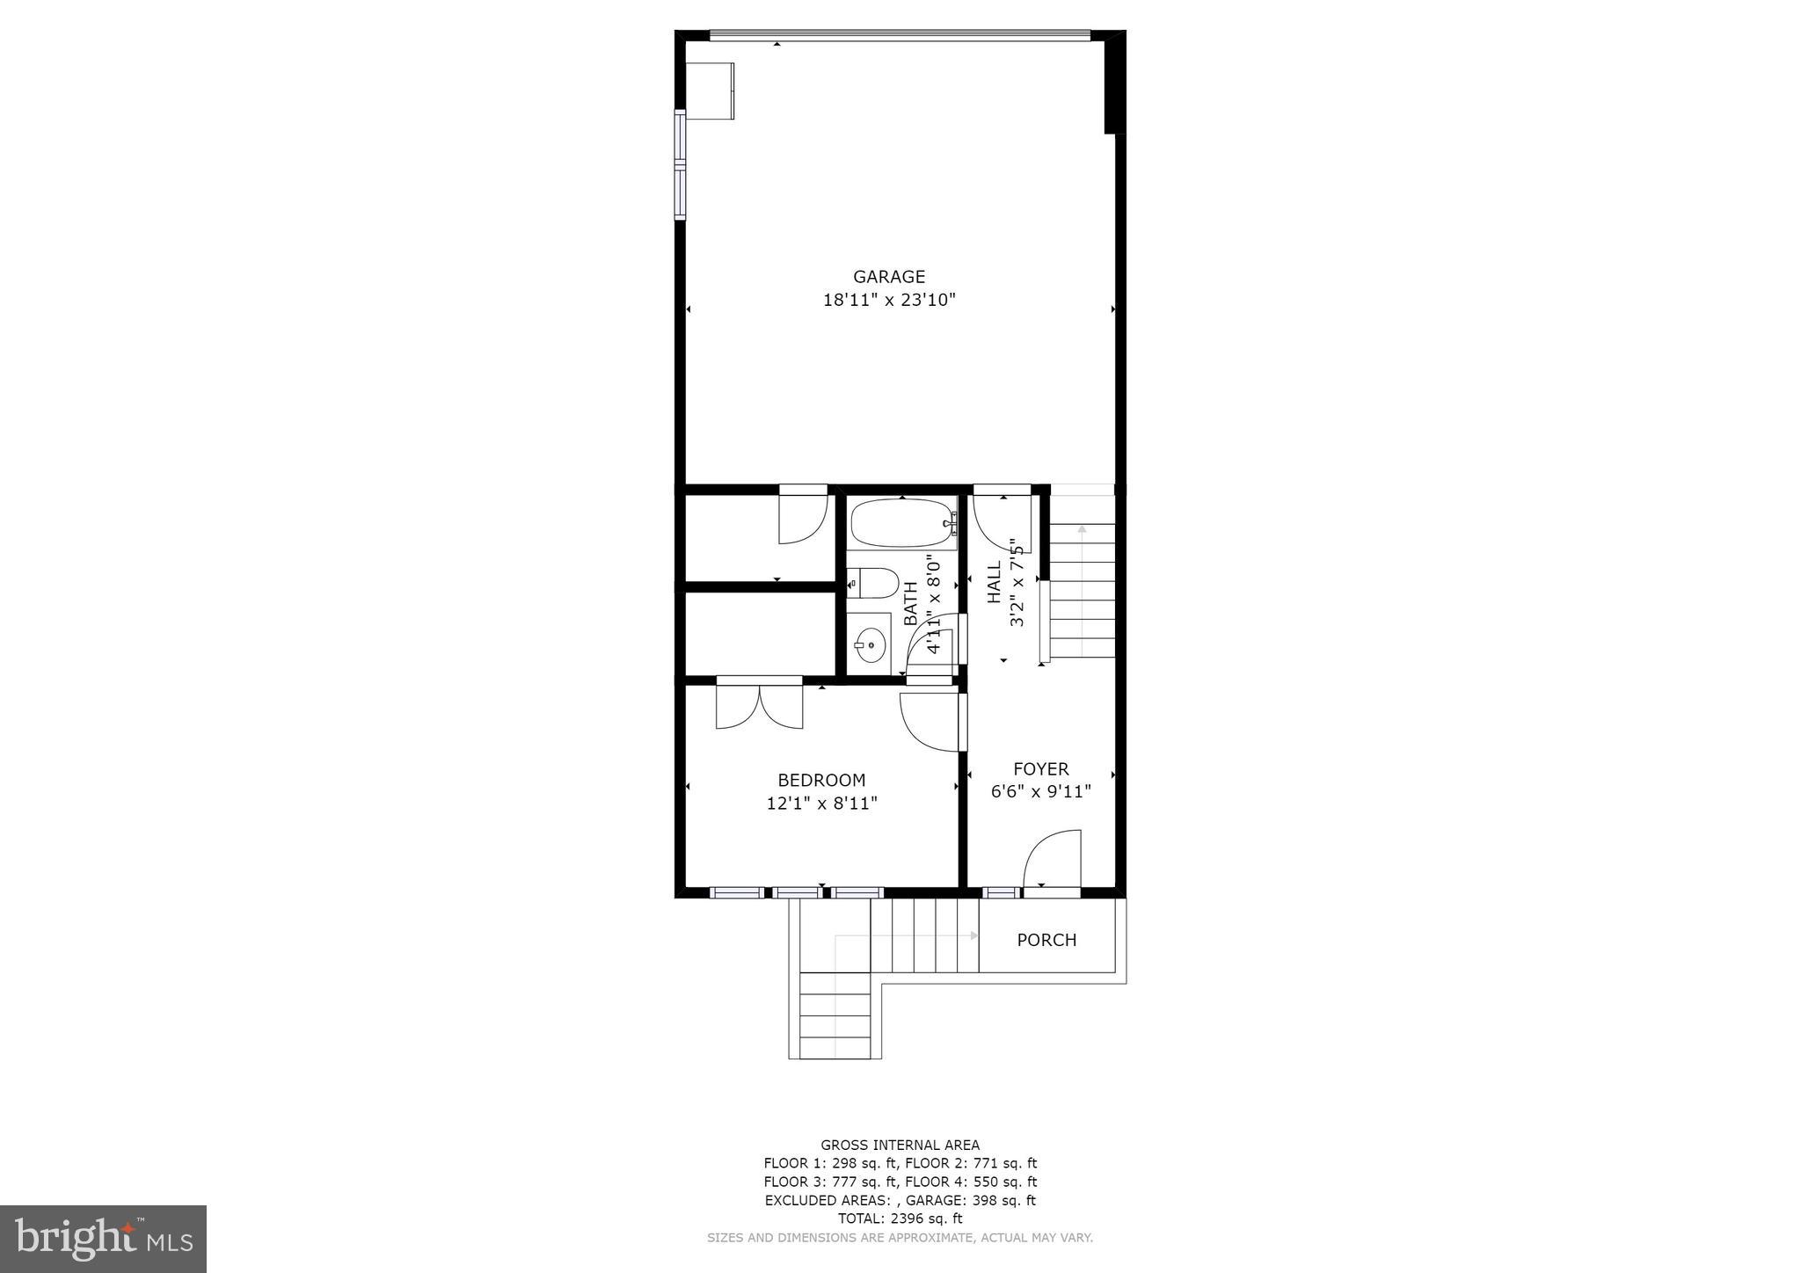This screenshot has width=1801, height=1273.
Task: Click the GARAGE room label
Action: point(889,277)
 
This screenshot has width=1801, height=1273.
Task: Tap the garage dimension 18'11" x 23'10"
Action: point(889,301)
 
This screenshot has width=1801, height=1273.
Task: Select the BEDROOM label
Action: point(821,780)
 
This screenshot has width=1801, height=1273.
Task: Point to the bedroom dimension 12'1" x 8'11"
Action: point(821,803)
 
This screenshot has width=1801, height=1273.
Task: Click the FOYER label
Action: point(1041,768)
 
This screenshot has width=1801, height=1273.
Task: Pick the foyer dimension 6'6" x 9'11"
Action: point(1041,791)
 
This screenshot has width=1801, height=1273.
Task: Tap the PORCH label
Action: point(1046,940)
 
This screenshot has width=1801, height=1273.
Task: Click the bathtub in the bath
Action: point(900,524)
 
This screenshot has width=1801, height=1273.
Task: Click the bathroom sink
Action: point(870,645)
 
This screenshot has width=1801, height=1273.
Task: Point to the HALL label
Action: point(995,583)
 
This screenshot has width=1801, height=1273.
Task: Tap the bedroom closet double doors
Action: point(760,705)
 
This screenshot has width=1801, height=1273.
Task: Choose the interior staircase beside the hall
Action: point(1082,589)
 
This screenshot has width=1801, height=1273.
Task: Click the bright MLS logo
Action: point(104,1239)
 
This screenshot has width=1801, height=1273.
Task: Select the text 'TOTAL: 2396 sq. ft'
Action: point(900,1218)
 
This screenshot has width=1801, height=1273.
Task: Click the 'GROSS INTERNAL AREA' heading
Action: point(900,1145)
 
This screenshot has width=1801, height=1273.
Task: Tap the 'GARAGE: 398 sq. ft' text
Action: point(971,1200)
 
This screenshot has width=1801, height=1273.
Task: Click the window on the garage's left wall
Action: point(680,164)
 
